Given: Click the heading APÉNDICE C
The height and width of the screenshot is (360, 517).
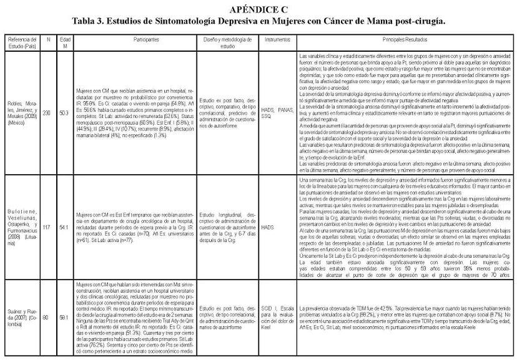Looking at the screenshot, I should (x=258, y=9).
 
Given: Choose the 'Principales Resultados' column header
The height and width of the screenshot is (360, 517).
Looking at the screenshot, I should (x=404, y=40).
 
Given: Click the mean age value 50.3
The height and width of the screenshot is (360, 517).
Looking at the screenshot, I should (x=64, y=112).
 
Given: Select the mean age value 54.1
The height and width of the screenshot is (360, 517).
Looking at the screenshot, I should (x=64, y=228).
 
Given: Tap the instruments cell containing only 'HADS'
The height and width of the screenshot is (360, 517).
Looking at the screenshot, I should (x=268, y=228).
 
